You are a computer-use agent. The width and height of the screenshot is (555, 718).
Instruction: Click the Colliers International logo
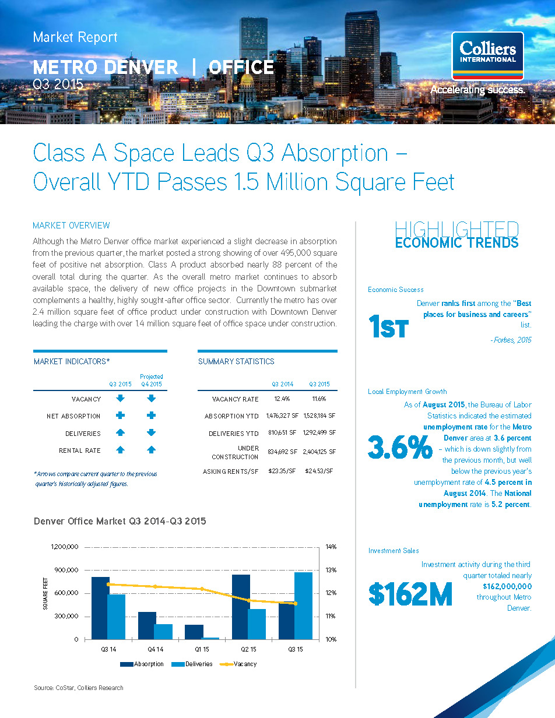487,56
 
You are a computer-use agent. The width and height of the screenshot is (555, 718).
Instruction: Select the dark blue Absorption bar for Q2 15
241,607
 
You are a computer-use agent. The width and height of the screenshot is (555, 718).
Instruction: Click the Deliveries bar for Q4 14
163,632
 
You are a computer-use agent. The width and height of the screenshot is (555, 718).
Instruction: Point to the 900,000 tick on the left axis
65,570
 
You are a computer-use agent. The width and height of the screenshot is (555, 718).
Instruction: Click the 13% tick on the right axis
331,570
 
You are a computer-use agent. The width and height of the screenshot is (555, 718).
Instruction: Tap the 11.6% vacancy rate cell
319,399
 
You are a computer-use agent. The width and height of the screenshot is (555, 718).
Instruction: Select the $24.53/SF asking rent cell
319,471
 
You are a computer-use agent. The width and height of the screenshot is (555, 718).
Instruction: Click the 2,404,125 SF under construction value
319,452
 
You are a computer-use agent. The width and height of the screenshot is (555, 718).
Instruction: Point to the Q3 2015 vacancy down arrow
121,399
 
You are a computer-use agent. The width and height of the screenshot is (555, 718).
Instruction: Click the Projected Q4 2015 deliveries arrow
152,433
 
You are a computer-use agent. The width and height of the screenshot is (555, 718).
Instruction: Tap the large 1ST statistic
388,328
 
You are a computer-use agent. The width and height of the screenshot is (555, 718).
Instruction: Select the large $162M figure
410,593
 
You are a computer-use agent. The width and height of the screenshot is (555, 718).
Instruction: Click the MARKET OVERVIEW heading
71,226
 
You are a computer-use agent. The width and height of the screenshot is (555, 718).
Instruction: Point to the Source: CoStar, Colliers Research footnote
79,688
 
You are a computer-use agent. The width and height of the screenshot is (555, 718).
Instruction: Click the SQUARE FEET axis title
45,593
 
